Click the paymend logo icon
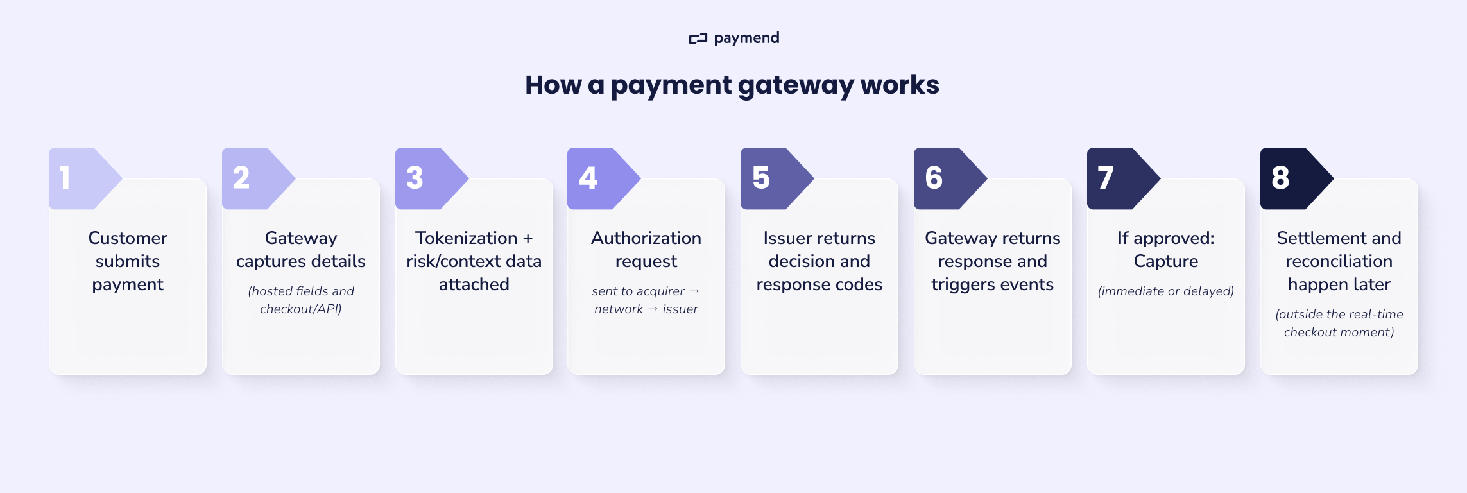[698, 39]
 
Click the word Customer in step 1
[128, 238]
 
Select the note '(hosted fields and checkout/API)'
[301, 300]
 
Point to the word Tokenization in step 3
[466, 238]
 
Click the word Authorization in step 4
[646, 238]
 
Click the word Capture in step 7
[1166, 261]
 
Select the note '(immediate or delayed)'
[1166, 291]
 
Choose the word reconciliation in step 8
[1339, 261]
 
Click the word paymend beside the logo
[746, 39]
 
